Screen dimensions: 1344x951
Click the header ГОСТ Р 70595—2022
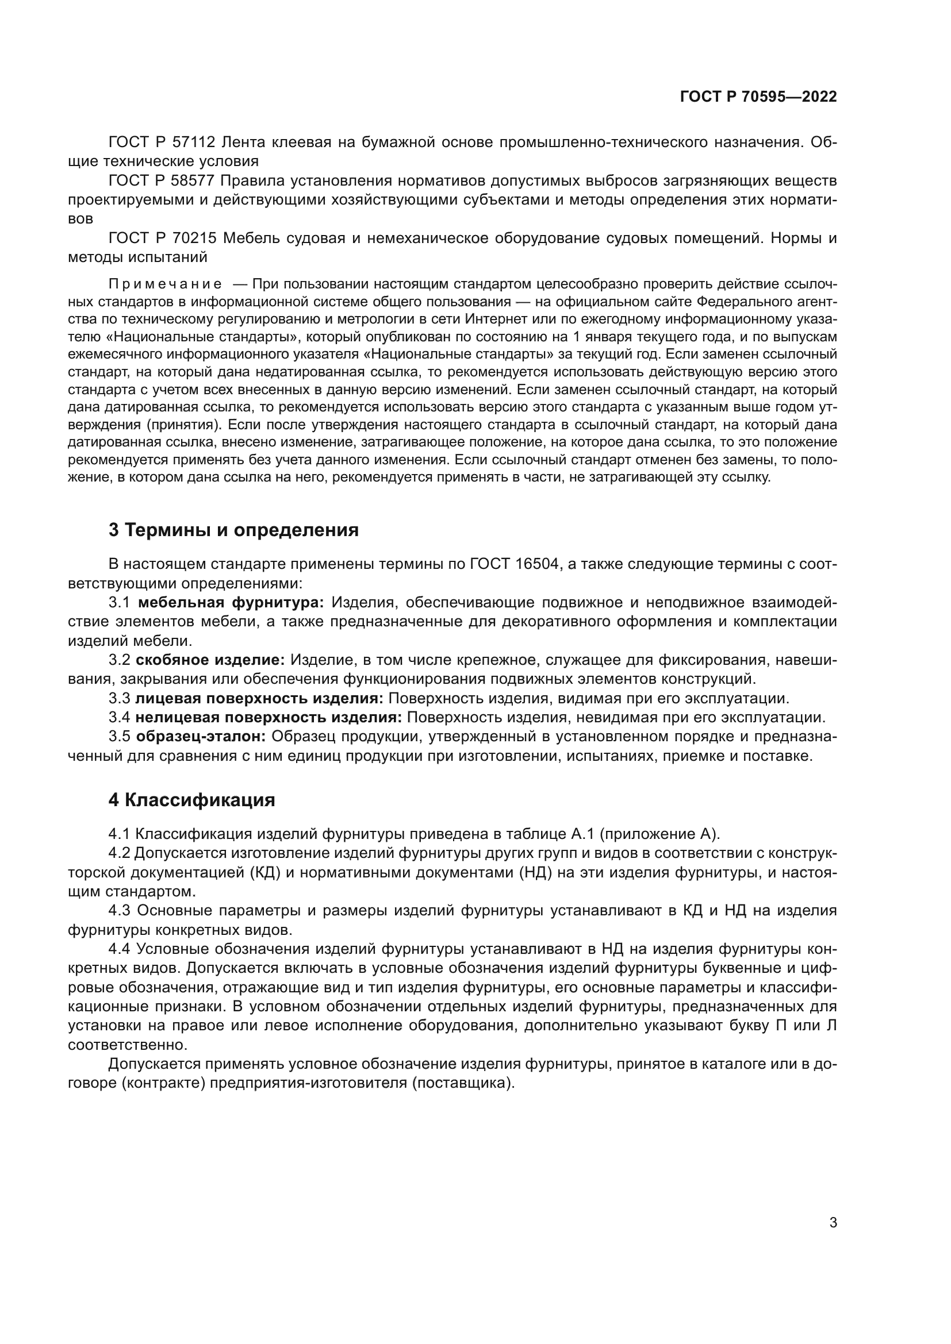coord(758,97)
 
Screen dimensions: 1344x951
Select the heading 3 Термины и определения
coord(233,530)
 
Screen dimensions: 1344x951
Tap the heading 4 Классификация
coord(191,800)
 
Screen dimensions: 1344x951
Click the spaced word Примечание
coord(165,284)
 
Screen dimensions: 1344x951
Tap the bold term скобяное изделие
coord(210,660)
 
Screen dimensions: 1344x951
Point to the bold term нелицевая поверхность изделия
coord(269,717)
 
